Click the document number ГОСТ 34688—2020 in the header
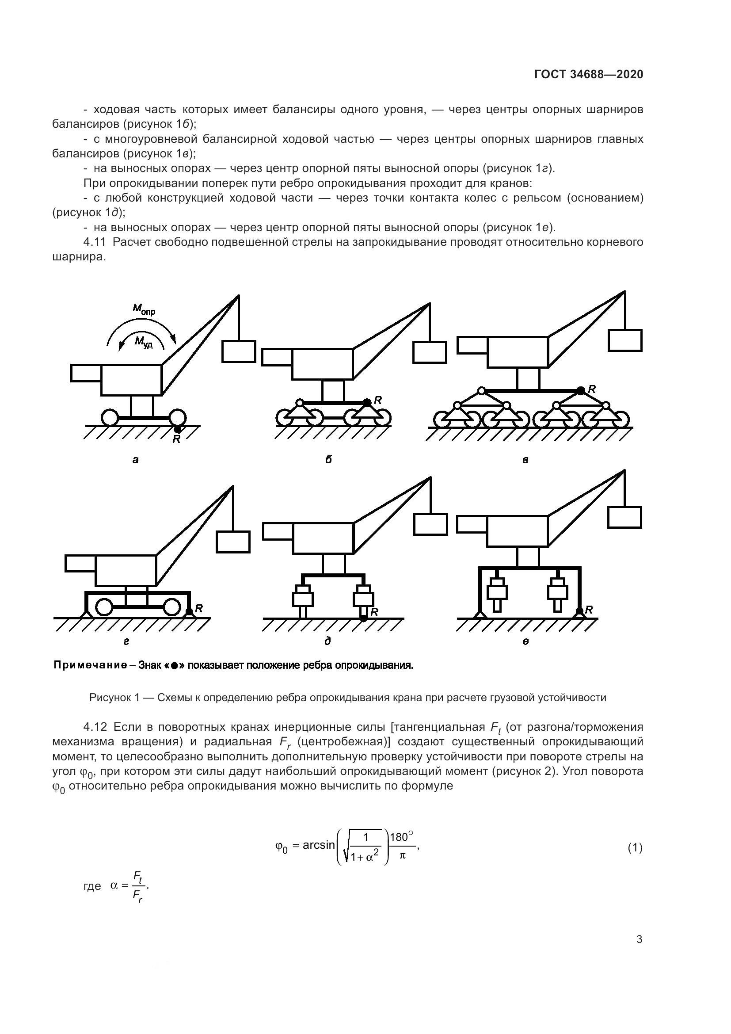point(589,74)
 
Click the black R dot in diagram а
point(178,430)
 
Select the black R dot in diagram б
point(367,402)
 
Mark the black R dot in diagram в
point(581,390)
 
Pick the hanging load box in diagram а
point(239,351)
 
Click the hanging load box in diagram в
point(625,340)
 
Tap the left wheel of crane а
point(110,417)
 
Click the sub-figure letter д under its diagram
point(327,641)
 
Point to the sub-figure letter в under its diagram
point(525,460)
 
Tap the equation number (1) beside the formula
point(635,848)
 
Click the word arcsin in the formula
point(319,845)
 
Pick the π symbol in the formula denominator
point(402,856)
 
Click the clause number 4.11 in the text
point(95,242)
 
